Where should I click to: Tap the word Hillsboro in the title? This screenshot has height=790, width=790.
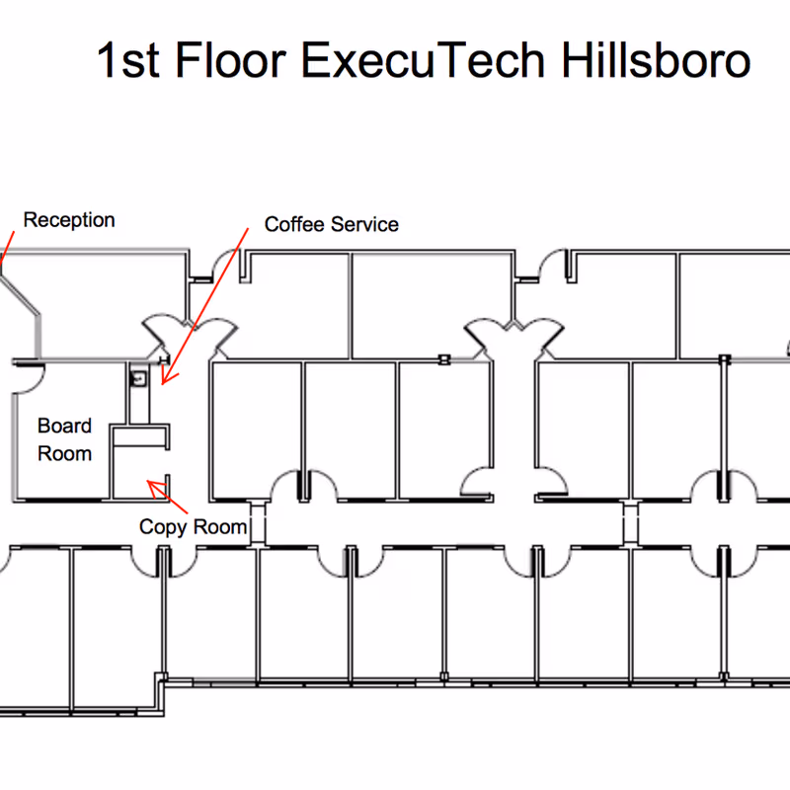coord(656,61)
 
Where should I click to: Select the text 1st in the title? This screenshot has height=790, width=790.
coord(127,61)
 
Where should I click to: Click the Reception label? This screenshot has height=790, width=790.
coord(69,220)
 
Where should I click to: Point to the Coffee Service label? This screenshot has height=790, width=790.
coord(331,225)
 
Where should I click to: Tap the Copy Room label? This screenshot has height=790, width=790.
coord(193,527)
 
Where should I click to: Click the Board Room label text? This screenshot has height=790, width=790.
coord(64,440)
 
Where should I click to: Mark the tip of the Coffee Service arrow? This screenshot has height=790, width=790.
coord(164,382)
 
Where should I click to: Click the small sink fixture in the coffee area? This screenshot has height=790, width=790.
coord(140,376)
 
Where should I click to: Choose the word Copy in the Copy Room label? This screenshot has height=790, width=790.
coord(162,527)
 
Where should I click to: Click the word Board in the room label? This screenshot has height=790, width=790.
coord(64,427)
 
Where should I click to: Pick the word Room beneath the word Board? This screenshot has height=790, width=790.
coord(64,454)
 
